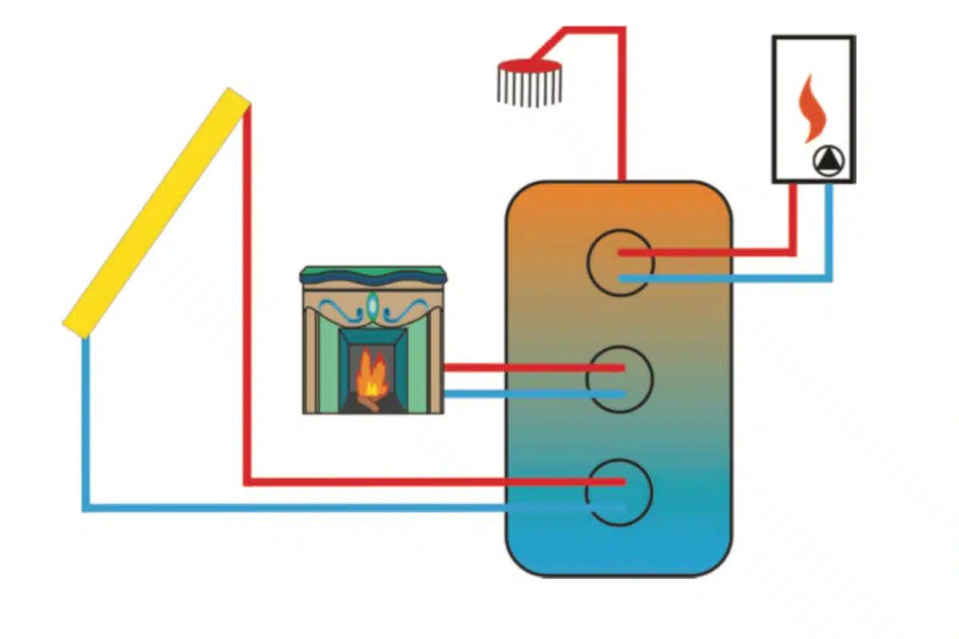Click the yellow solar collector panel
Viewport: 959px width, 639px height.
pos(157,212)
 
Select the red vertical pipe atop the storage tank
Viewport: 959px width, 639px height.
pos(621,120)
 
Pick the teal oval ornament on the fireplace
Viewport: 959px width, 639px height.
pos(372,305)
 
